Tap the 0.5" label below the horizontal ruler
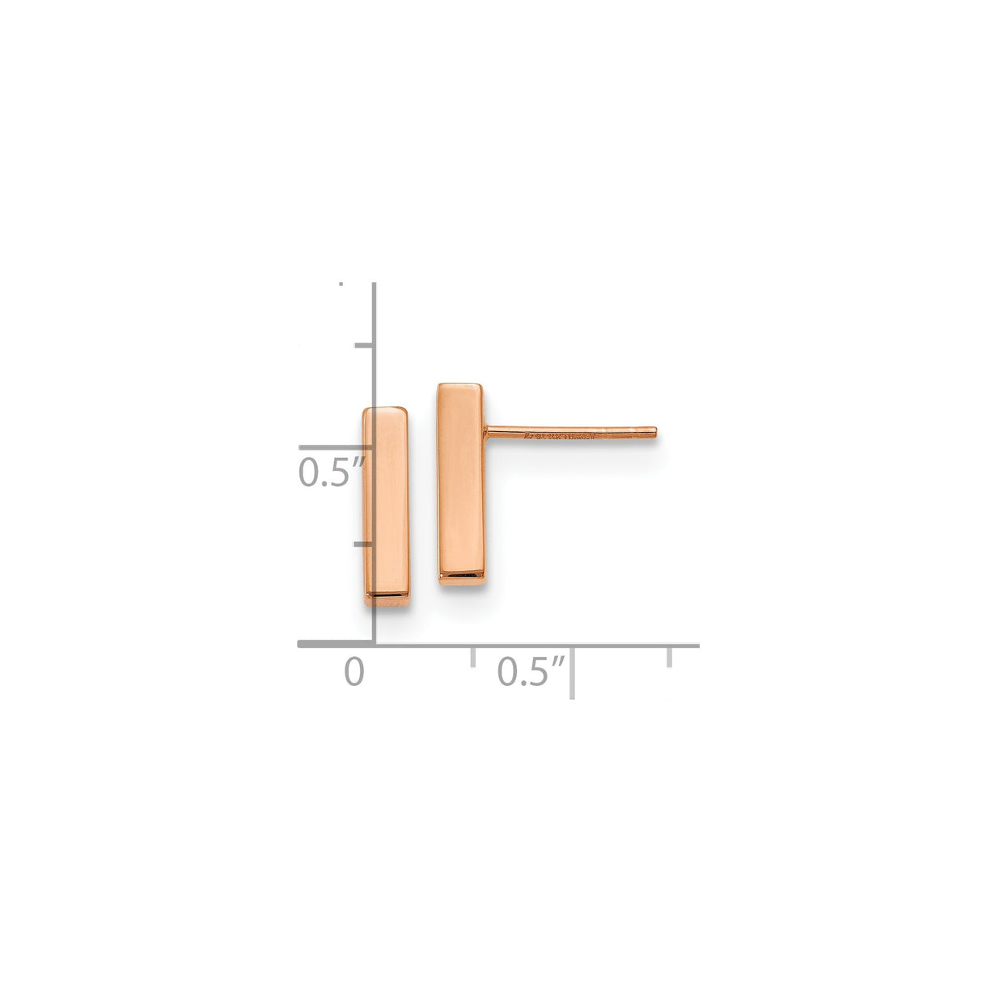click(531, 672)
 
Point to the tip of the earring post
click(654, 433)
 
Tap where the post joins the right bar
click(488, 431)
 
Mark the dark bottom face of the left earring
click(387, 600)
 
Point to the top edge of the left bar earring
click(386, 408)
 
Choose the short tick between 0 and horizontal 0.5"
click(473, 657)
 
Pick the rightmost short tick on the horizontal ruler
click(669, 657)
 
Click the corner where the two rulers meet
click(374, 645)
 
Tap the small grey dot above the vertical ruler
click(341, 284)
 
